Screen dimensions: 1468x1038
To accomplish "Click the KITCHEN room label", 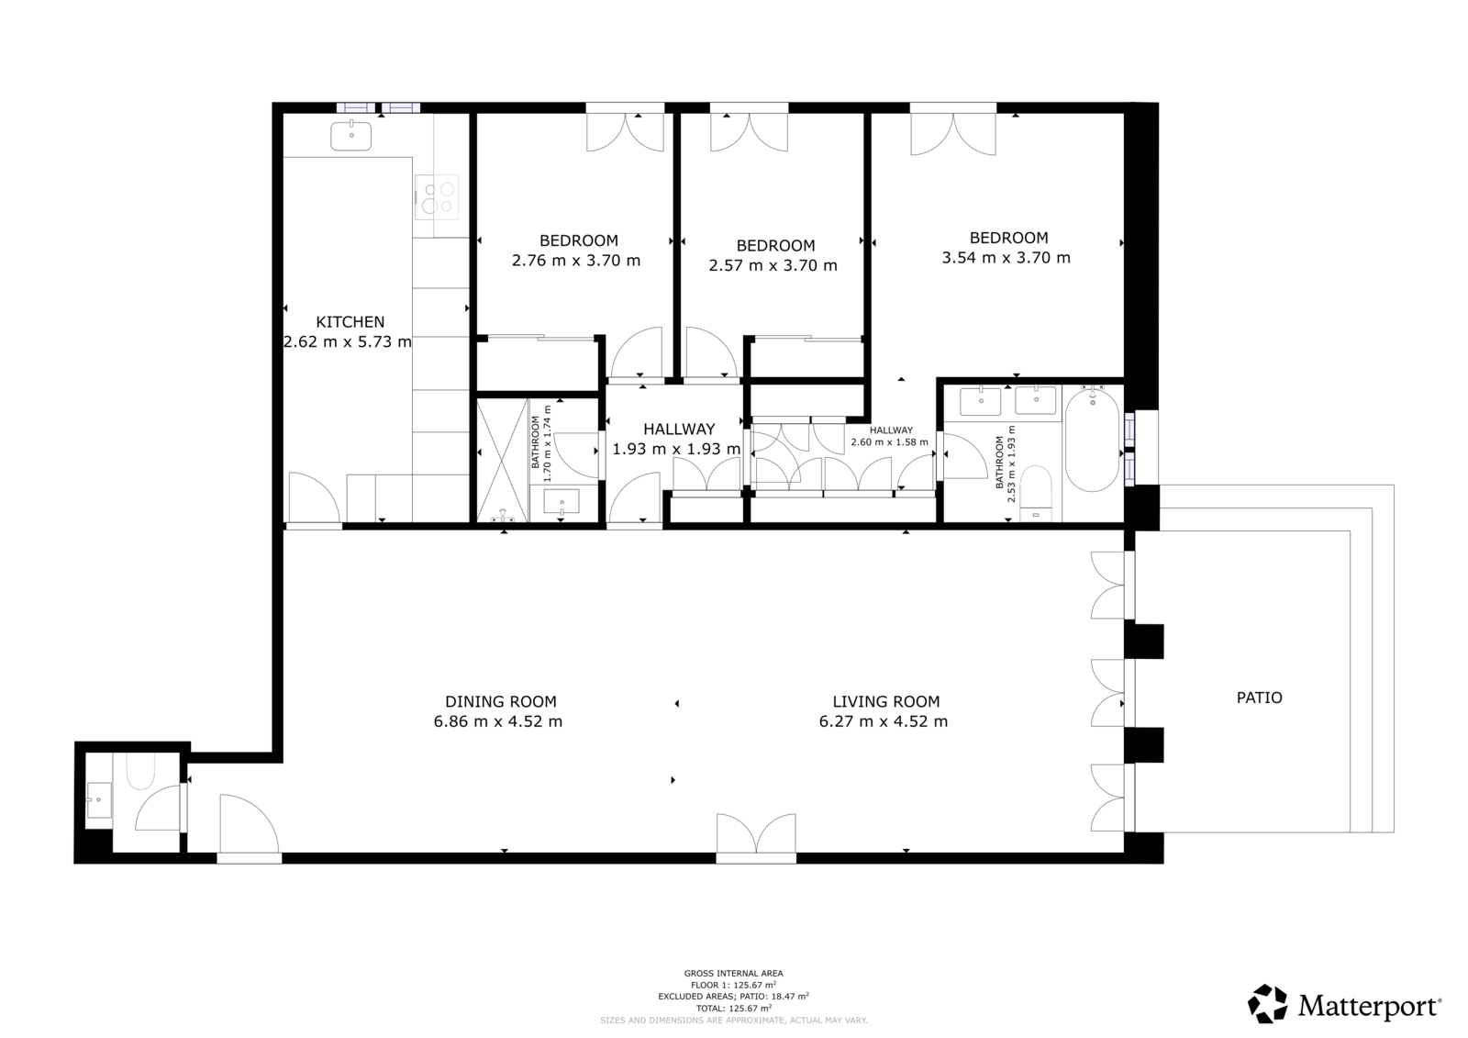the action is [350, 322].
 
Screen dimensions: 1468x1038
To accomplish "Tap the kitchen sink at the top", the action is [350, 137].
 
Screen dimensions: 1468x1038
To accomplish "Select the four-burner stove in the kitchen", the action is [437, 196].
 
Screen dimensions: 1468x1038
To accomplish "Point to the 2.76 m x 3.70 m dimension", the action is [576, 261].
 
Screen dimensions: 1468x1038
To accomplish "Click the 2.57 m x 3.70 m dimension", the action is [773, 265].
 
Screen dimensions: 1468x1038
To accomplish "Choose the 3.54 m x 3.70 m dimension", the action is [1006, 258].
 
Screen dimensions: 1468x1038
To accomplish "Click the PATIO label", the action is [1260, 698].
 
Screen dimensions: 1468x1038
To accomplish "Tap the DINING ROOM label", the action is [501, 701].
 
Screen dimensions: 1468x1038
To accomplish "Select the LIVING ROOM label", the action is [886, 701].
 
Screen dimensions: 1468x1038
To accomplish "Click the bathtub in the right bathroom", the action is [1093, 439].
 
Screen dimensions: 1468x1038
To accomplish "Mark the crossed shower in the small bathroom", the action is [503, 460].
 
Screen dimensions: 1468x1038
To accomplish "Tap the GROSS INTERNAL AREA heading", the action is [733, 974].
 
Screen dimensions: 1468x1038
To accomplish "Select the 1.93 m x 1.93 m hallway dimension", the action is [676, 449].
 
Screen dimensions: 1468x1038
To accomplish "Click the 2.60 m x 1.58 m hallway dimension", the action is [889, 442].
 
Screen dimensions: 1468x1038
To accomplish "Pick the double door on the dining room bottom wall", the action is [756, 834].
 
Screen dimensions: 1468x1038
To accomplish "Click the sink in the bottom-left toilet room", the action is [99, 800].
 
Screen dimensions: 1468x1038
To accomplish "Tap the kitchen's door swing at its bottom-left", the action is [315, 497].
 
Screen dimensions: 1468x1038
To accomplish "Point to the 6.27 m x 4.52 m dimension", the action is [884, 722].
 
